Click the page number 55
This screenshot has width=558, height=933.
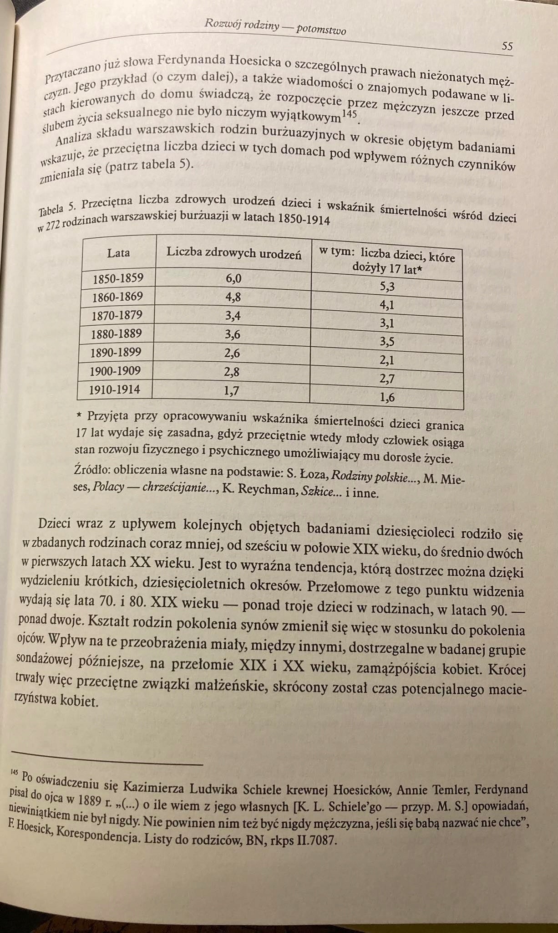[x=507, y=46]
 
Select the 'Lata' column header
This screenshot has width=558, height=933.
[x=118, y=253]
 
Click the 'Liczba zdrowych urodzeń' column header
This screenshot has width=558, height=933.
[x=233, y=253]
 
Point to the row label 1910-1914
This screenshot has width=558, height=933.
[x=114, y=390]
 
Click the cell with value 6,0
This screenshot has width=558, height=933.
[x=233, y=279]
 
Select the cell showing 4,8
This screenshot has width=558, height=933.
[x=233, y=297]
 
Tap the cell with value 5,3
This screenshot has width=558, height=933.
[x=387, y=286]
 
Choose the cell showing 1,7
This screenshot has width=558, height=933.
[x=232, y=390]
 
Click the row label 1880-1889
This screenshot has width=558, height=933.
[x=116, y=334]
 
